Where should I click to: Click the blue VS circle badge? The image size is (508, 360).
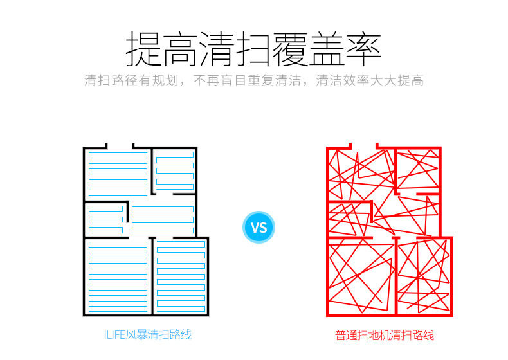pos(259,227)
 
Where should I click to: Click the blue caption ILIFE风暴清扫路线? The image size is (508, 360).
pos(148,335)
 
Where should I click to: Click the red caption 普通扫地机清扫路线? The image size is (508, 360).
pos(385,336)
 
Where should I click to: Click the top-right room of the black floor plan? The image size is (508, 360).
pos(174,170)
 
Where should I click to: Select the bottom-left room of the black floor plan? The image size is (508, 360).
pos(118,276)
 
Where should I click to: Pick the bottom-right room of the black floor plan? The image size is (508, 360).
pos(181,276)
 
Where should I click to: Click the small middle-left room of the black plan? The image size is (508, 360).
pos(105,219)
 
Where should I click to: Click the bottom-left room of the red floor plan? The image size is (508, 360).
pos(361,276)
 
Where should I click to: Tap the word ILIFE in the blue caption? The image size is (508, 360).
pos(115,335)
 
